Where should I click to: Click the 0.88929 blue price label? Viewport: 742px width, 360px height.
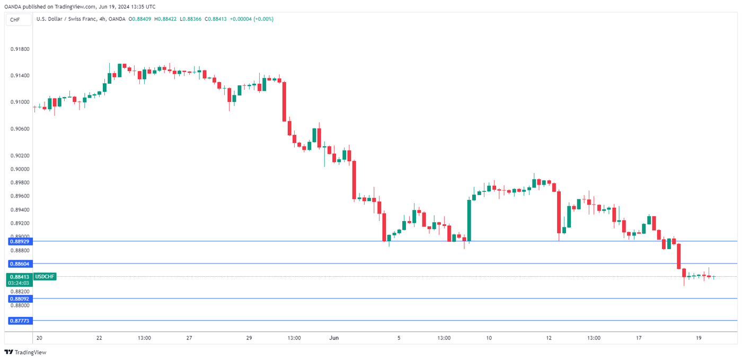point(19,241)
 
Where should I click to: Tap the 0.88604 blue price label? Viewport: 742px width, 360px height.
point(19,264)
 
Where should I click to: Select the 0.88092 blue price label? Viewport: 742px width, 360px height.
point(19,298)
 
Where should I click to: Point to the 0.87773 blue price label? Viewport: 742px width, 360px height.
point(19,321)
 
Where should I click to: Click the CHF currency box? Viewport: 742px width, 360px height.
point(15,20)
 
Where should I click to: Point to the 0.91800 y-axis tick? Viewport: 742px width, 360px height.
point(19,49)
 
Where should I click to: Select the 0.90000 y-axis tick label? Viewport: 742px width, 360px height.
point(19,169)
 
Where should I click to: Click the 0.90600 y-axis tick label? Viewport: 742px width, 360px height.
point(19,129)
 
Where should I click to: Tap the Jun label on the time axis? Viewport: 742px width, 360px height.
point(334,338)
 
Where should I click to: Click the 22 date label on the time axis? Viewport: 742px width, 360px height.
point(100,338)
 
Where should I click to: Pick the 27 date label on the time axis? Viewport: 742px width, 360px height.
point(189,338)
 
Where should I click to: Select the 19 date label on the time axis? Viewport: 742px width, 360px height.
point(699,338)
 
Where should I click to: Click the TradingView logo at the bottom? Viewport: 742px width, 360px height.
point(25,352)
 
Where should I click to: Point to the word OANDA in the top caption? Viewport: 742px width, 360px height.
point(13,7)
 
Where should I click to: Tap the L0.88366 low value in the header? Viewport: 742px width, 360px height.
point(192,19)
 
